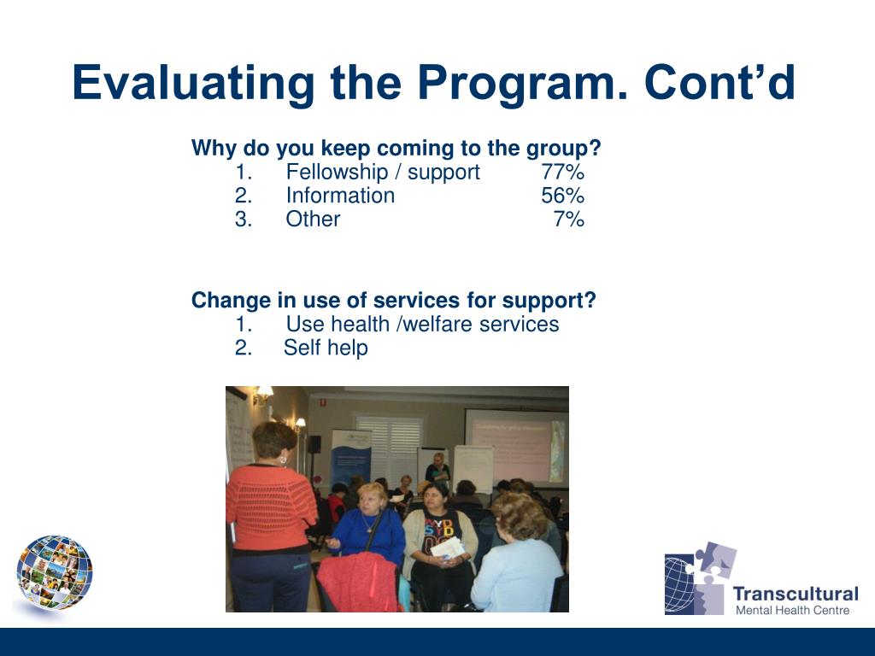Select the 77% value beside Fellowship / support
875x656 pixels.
(562, 172)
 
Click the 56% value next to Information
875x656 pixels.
(562, 196)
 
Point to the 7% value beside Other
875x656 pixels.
(568, 219)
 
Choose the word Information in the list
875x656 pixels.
(340, 196)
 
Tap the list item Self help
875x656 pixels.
(326, 348)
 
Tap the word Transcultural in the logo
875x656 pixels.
(796, 594)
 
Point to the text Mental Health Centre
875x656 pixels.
(792, 610)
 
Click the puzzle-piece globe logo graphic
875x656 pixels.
(700, 578)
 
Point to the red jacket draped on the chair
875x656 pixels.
(357, 582)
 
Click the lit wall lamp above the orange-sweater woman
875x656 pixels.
(263, 395)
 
